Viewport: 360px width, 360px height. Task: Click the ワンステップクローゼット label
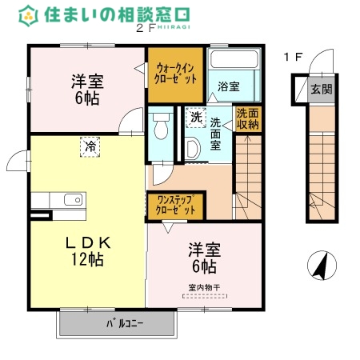pyautogui.click(x=175, y=205)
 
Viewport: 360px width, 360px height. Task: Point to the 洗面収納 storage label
pyautogui.click(x=247, y=119)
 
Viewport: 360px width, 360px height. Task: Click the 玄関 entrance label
pyautogui.click(x=322, y=88)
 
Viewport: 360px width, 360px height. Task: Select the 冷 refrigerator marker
pyautogui.click(x=90, y=146)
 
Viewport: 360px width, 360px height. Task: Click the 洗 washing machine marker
pyautogui.click(x=196, y=118)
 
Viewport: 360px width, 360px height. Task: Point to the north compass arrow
pyautogui.click(x=320, y=266)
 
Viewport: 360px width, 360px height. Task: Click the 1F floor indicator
pyautogui.click(x=293, y=57)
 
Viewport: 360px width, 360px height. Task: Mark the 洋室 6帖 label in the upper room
pyautogui.click(x=86, y=88)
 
